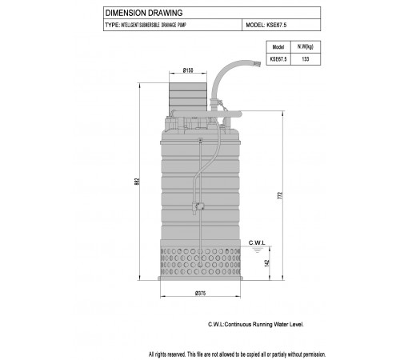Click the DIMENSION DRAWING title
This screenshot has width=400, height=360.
[x=144, y=13]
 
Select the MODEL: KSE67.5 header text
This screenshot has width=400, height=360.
[x=266, y=25]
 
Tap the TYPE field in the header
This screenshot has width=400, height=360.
[x=146, y=25]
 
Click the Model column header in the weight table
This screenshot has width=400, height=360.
[x=278, y=47]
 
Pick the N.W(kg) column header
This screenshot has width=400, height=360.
[x=306, y=47]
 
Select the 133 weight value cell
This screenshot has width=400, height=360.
[x=306, y=59]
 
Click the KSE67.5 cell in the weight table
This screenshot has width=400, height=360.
[x=278, y=59]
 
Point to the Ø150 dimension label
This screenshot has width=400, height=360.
[x=188, y=70]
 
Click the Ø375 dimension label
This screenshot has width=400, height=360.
[x=200, y=294]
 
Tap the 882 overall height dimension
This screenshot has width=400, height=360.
[x=137, y=182]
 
